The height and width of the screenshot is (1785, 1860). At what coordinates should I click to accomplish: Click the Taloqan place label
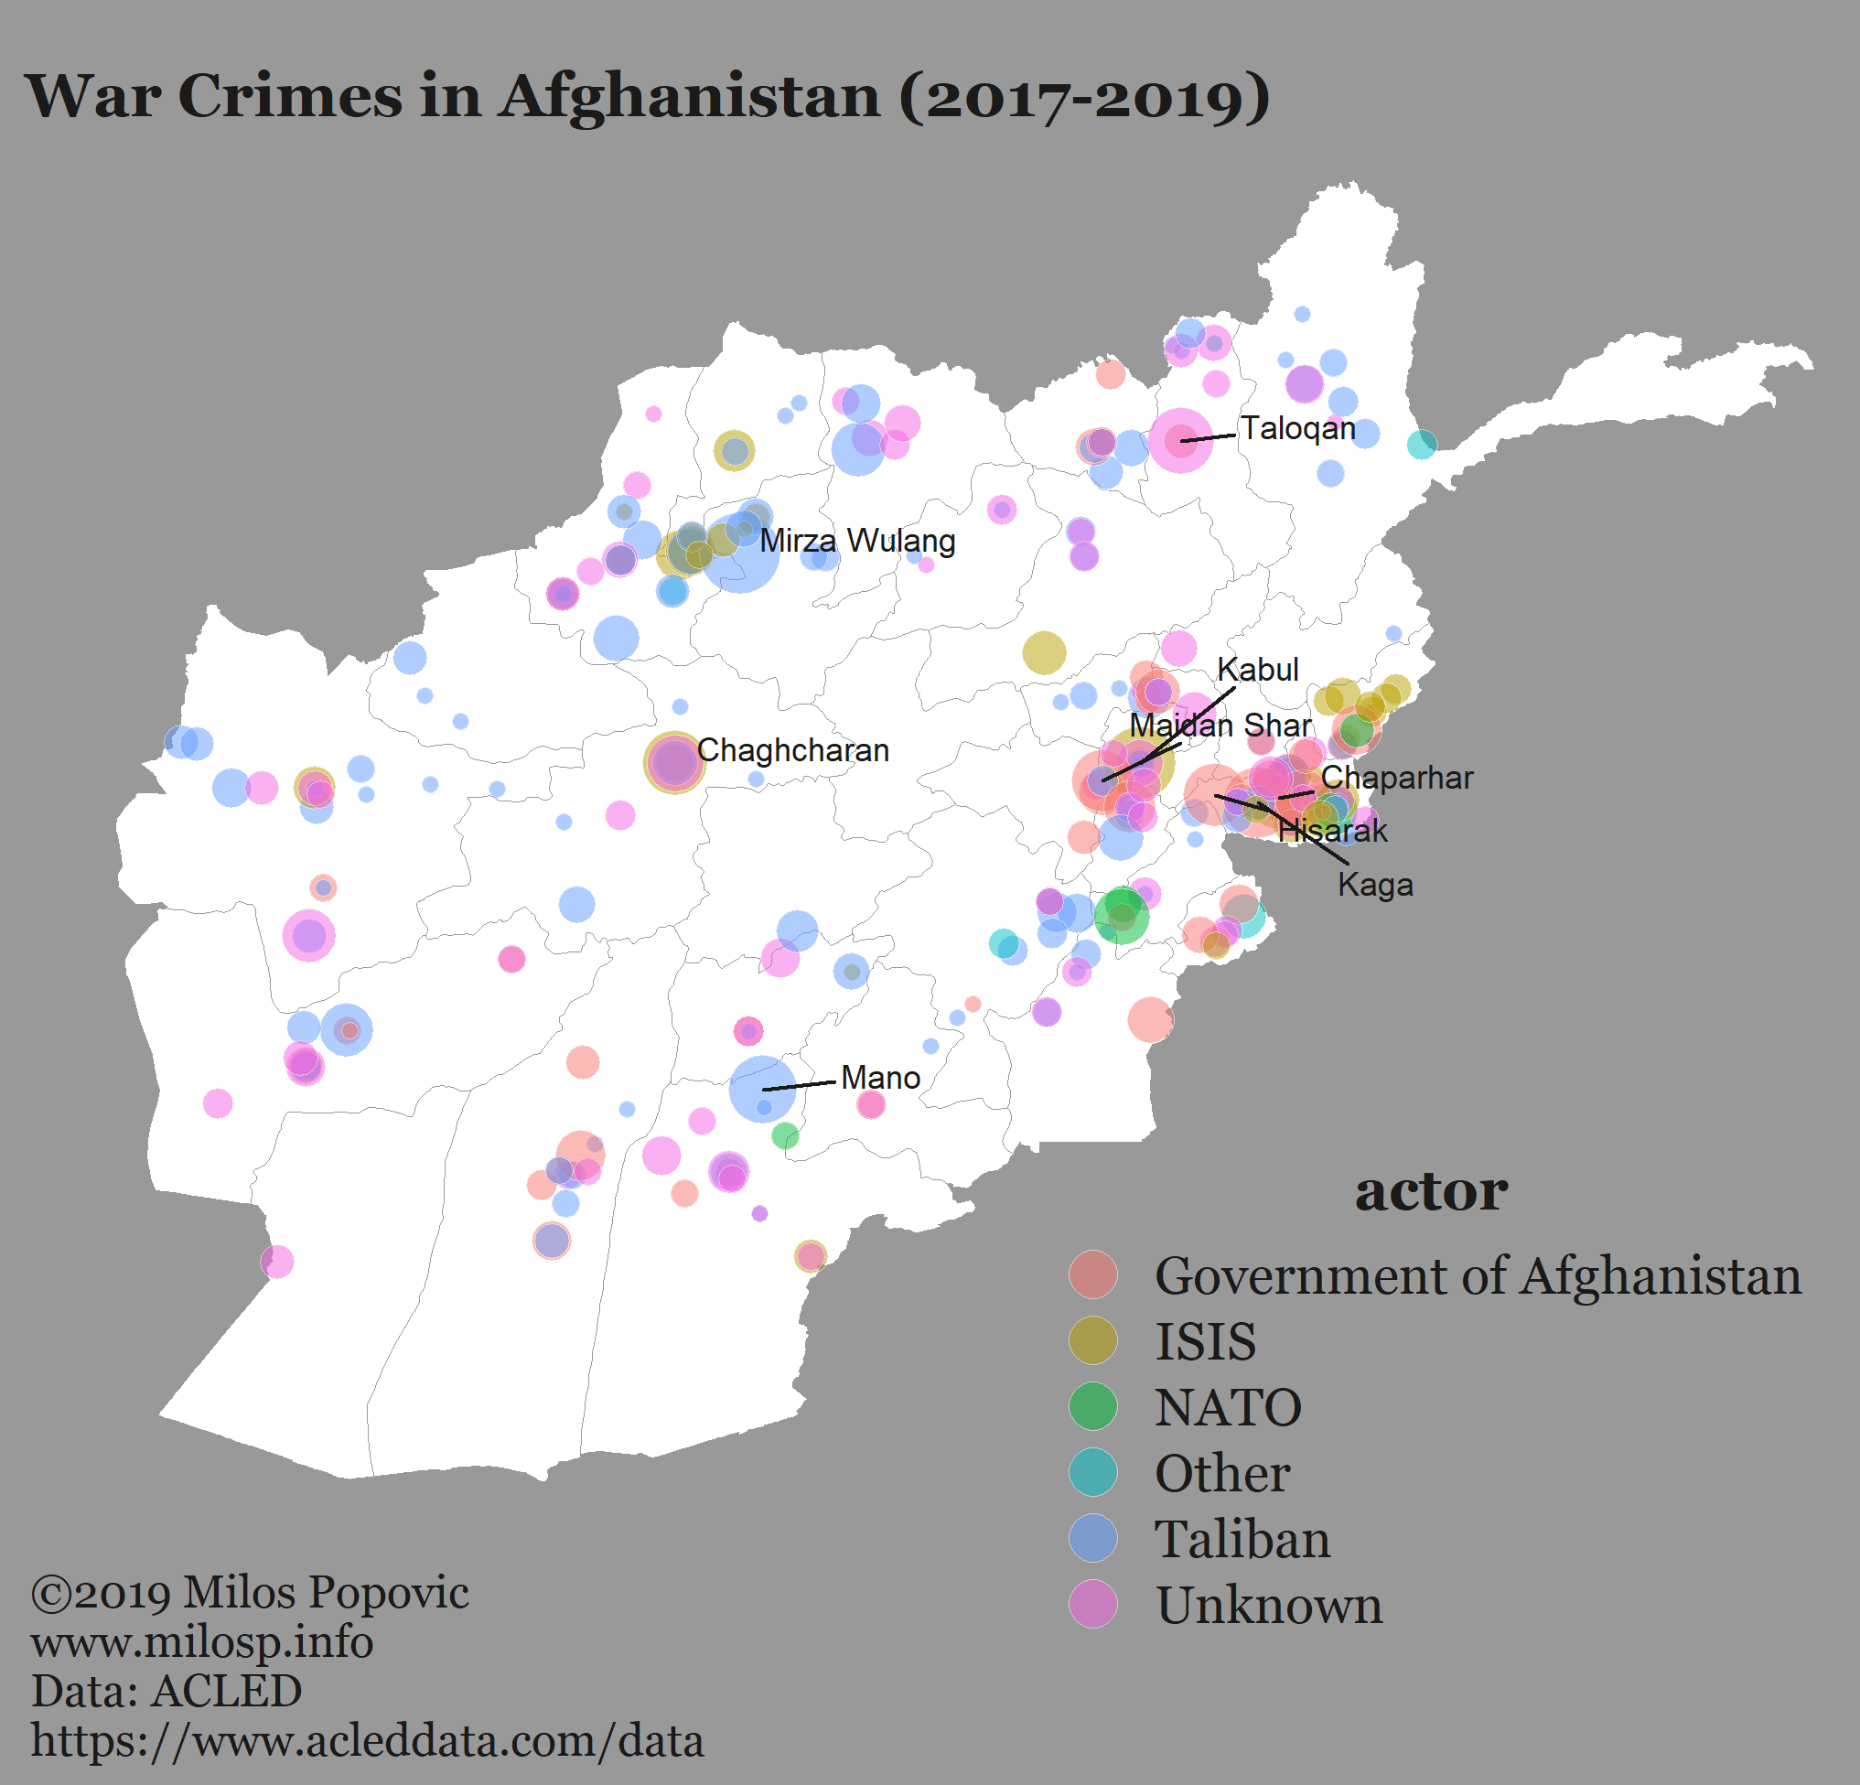coord(1298,428)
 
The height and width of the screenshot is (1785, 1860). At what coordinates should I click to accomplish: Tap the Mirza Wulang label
coord(857,541)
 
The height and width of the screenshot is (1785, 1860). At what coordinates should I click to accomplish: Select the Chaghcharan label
coord(792,750)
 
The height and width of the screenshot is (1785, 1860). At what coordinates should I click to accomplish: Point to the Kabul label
coord(1257,669)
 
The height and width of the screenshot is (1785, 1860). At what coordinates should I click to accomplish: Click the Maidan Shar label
coord(1220,726)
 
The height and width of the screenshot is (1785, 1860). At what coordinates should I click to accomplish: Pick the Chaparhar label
coord(1396,779)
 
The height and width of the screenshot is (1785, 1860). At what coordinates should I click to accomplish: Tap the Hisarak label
coord(1332,832)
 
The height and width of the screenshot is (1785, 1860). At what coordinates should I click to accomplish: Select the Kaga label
coord(1375,886)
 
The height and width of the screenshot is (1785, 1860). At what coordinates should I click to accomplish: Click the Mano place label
coord(880,1078)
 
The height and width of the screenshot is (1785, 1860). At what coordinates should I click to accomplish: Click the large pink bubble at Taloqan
coord(1179,439)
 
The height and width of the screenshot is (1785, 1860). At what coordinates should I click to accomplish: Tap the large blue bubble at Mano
coord(762,1089)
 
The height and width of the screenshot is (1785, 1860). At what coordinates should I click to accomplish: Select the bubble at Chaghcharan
coord(673,762)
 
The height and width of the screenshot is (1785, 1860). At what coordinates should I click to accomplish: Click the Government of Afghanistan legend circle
coord(1092,1274)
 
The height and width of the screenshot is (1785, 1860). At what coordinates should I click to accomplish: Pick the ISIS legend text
coord(1204,1341)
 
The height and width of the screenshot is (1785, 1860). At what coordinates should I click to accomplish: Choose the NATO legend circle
coord(1092,1406)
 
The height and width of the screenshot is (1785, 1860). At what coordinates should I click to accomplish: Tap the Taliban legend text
coord(1242,1538)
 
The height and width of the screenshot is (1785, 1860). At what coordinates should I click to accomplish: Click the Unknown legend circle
coord(1092,1604)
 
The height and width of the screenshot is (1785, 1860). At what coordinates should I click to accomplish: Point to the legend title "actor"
coord(1430,1191)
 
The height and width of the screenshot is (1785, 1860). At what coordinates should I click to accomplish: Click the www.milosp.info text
coord(201,1641)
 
